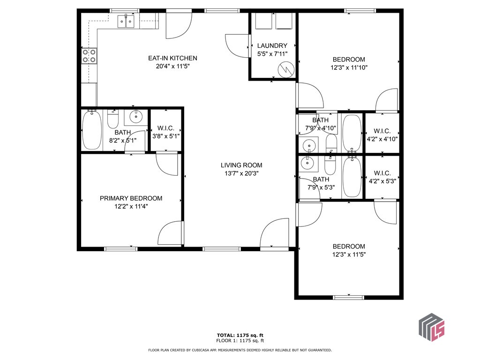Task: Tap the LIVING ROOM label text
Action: coord(241,165)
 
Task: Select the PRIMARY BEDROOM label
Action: coord(131,198)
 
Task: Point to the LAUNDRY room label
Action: coord(272,45)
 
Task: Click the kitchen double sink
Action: coord(126,21)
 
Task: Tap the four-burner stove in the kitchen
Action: coord(90,56)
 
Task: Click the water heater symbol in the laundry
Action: coord(285,70)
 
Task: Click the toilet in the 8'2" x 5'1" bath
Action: coord(113,120)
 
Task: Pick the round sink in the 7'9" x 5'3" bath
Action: coord(307,164)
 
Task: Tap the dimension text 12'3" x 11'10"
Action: coord(349,67)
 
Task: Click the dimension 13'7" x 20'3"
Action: coord(241,173)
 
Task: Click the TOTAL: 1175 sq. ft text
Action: coord(240,335)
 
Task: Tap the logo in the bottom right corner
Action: coord(431,327)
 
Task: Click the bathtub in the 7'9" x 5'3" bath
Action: coord(352,177)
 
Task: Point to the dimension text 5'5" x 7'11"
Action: coord(272,53)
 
